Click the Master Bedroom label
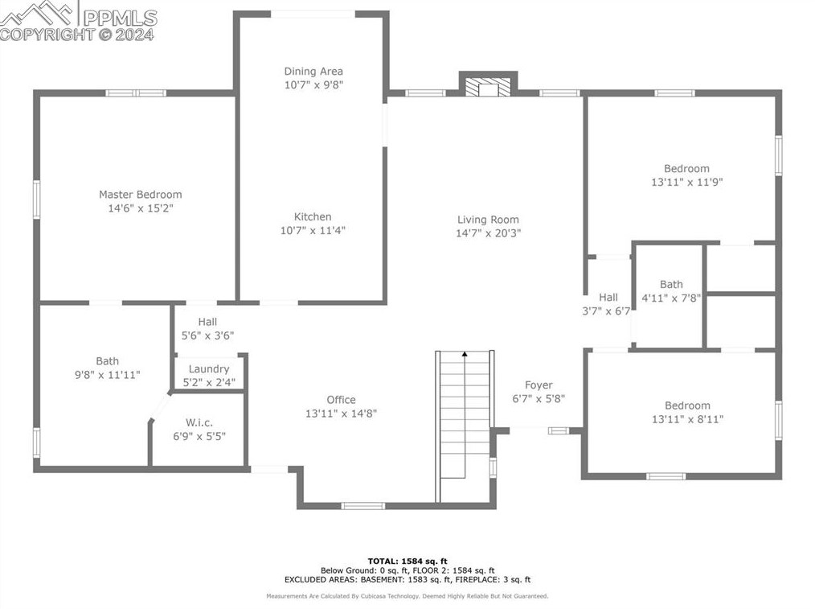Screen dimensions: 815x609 (141, 195)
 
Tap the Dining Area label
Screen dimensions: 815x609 (313, 72)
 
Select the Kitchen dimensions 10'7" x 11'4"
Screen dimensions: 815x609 (313, 230)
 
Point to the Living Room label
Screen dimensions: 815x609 (488, 220)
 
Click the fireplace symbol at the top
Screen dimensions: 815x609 (488, 88)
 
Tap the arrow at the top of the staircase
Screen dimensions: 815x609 (465, 354)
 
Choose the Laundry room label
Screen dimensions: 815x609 (209, 369)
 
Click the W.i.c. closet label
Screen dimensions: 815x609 (199, 423)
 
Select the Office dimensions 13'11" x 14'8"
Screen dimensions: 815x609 (341, 414)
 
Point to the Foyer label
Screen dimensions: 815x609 (539, 385)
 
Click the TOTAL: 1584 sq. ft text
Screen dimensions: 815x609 (407, 561)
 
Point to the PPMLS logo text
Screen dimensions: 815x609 (120, 19)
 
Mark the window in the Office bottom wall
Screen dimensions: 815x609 (362, 505)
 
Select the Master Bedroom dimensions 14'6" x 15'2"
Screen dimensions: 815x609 (141, 208)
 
